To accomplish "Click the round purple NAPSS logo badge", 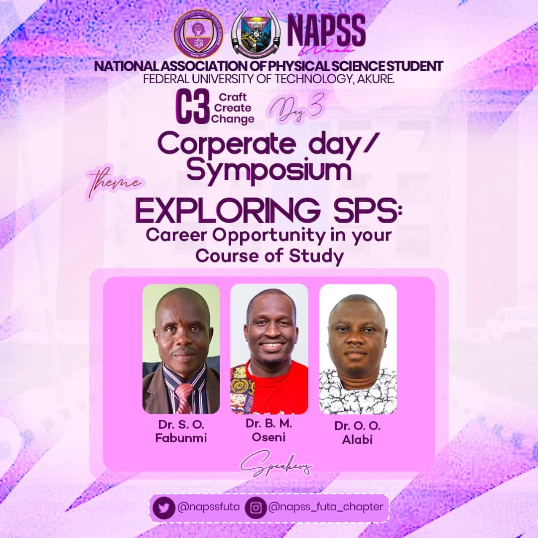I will point(198,33).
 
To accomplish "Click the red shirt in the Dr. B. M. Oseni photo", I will point(286,389).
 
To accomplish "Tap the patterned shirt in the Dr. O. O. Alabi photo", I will point(358,394).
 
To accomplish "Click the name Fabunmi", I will point(181,438).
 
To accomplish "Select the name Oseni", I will point(269,436).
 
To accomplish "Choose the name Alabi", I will point(358,439).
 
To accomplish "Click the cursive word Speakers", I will point(276,466).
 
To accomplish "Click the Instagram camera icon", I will point(256,508).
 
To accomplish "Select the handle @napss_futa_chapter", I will point(326,507).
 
